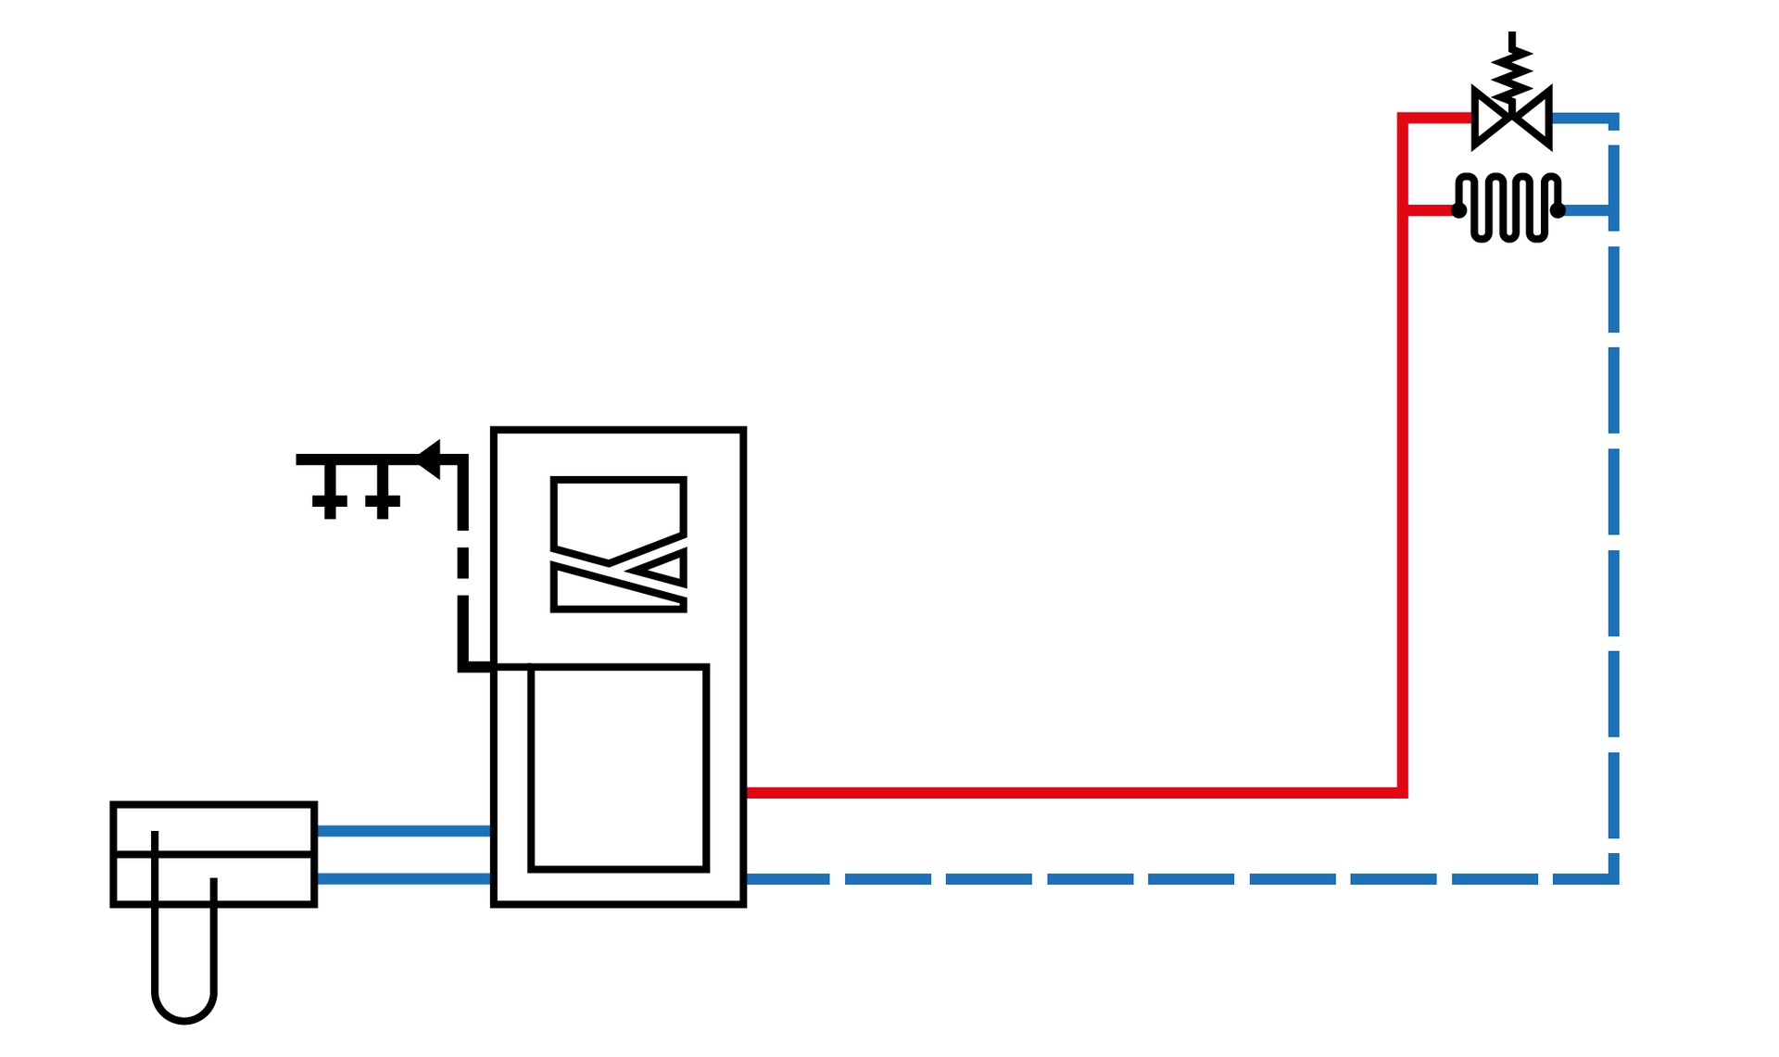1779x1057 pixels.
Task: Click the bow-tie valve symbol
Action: tap(1511, 118)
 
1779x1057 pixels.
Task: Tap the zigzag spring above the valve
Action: tap(1511, 70)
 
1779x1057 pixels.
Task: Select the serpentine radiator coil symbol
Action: tap(1508, 208)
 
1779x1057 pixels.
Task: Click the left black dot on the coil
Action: tap(1458, 210)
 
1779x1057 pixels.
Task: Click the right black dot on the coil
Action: tap(1558, 210)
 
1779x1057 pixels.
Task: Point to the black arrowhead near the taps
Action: tap(429, 459)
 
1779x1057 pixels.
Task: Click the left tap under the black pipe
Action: tap(330, 497)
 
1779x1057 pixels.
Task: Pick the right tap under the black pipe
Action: tap(383, 497)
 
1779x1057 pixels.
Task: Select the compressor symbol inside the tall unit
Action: tap(618, 545)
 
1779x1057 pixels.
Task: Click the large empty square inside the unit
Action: tap(618, 768)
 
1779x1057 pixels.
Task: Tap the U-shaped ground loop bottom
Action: tap(184, 1014)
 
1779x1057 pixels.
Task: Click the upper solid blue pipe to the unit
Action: tap(403, 831)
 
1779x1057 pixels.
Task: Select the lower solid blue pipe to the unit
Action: tap(403, 878)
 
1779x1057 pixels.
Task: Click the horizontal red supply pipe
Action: tap(1066, 792)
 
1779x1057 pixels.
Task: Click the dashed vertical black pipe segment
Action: tap(462, 562)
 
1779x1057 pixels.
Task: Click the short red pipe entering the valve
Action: tap(1436, 118)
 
